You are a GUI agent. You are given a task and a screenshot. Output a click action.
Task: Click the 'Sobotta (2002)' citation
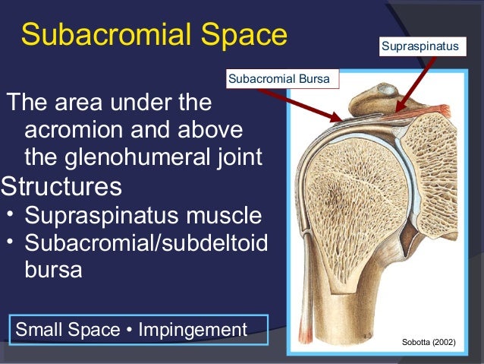click(429, 343)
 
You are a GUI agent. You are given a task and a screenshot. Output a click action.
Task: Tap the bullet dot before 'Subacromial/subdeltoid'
click(10, 241)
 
